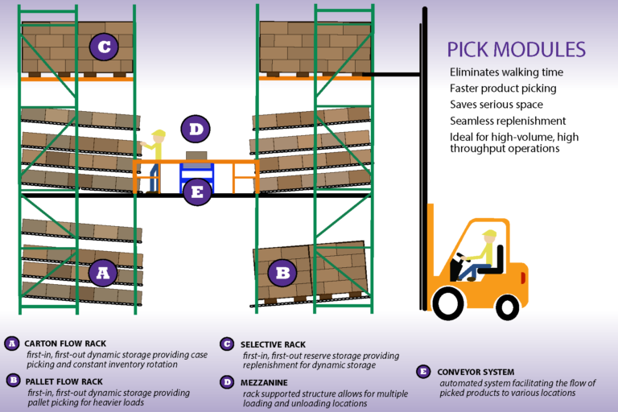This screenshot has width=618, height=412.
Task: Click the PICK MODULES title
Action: (x=516, y=49)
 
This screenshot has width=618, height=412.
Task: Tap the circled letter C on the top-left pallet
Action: (x=103, y=47)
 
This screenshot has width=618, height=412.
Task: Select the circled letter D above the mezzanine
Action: (x=195, y=129)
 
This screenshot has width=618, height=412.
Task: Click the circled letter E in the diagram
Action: (x=197, y=191)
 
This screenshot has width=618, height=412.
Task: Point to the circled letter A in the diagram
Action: (x=102, y=274)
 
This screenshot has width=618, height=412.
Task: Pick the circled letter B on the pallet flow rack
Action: (x=282, y=273)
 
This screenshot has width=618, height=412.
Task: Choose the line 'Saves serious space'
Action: (x=496, y=105)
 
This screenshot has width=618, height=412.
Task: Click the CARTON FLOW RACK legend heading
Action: (x=65, y=344)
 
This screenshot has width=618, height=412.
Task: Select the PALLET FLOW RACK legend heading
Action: (x=65, y=381)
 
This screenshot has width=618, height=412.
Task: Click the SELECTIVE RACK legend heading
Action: (x=274, y=344)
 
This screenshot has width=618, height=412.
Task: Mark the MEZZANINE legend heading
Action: (x=266, y=381)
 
